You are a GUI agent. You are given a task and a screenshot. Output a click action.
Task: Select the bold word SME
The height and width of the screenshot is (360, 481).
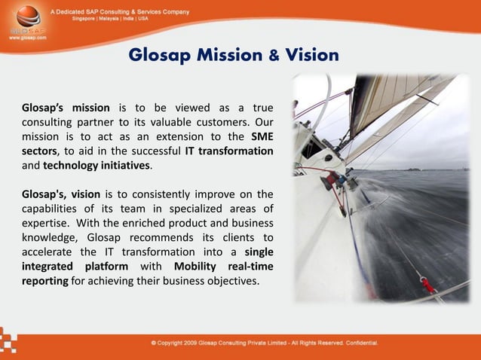[x=261, y=136]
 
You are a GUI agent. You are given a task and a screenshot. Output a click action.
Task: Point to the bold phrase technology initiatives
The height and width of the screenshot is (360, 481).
[x=97, y=165]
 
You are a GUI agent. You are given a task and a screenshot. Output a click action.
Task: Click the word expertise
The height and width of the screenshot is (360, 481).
[x=46, y=223]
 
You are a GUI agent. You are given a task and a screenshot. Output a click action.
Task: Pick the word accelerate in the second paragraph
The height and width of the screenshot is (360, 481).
[x=46, y=252]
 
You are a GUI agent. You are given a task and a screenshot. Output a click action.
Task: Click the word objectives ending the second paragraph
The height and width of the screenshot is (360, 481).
[x=231, y=281]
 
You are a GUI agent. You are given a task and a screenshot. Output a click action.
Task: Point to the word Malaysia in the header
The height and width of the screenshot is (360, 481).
[x=115, y=19]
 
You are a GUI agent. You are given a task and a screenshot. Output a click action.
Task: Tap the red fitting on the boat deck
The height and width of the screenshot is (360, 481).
[x=428, y=285]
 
